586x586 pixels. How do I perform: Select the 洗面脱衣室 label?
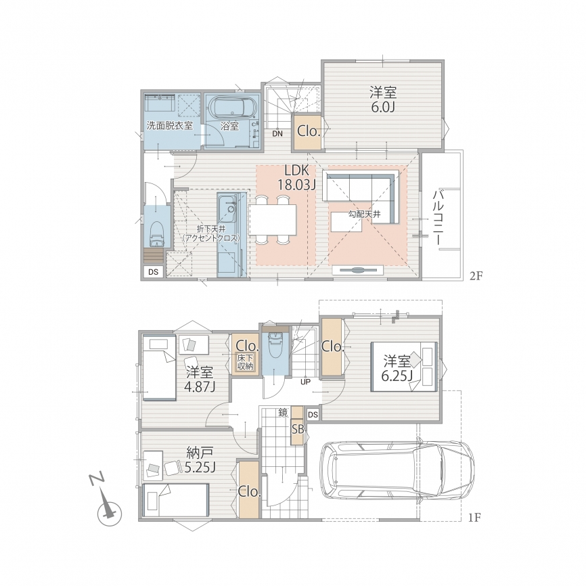[170, 126]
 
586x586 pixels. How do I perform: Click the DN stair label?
[277, 134]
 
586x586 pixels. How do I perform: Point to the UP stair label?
[305, 382]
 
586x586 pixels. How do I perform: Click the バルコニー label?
[438, 218]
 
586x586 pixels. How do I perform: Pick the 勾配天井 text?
[364, 214]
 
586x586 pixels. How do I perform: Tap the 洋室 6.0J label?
[383, 99]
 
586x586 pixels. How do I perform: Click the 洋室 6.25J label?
[397, 369]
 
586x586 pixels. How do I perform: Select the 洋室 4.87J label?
[200, 380]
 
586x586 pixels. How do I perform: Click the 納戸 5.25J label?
[200, 459]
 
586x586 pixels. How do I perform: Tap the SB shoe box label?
[298, 430]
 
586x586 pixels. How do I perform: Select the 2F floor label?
[476, 276]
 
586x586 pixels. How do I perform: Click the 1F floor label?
[474, 518]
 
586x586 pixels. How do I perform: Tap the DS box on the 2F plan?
[153, 272]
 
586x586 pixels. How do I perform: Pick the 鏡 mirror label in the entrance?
[283, 413]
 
